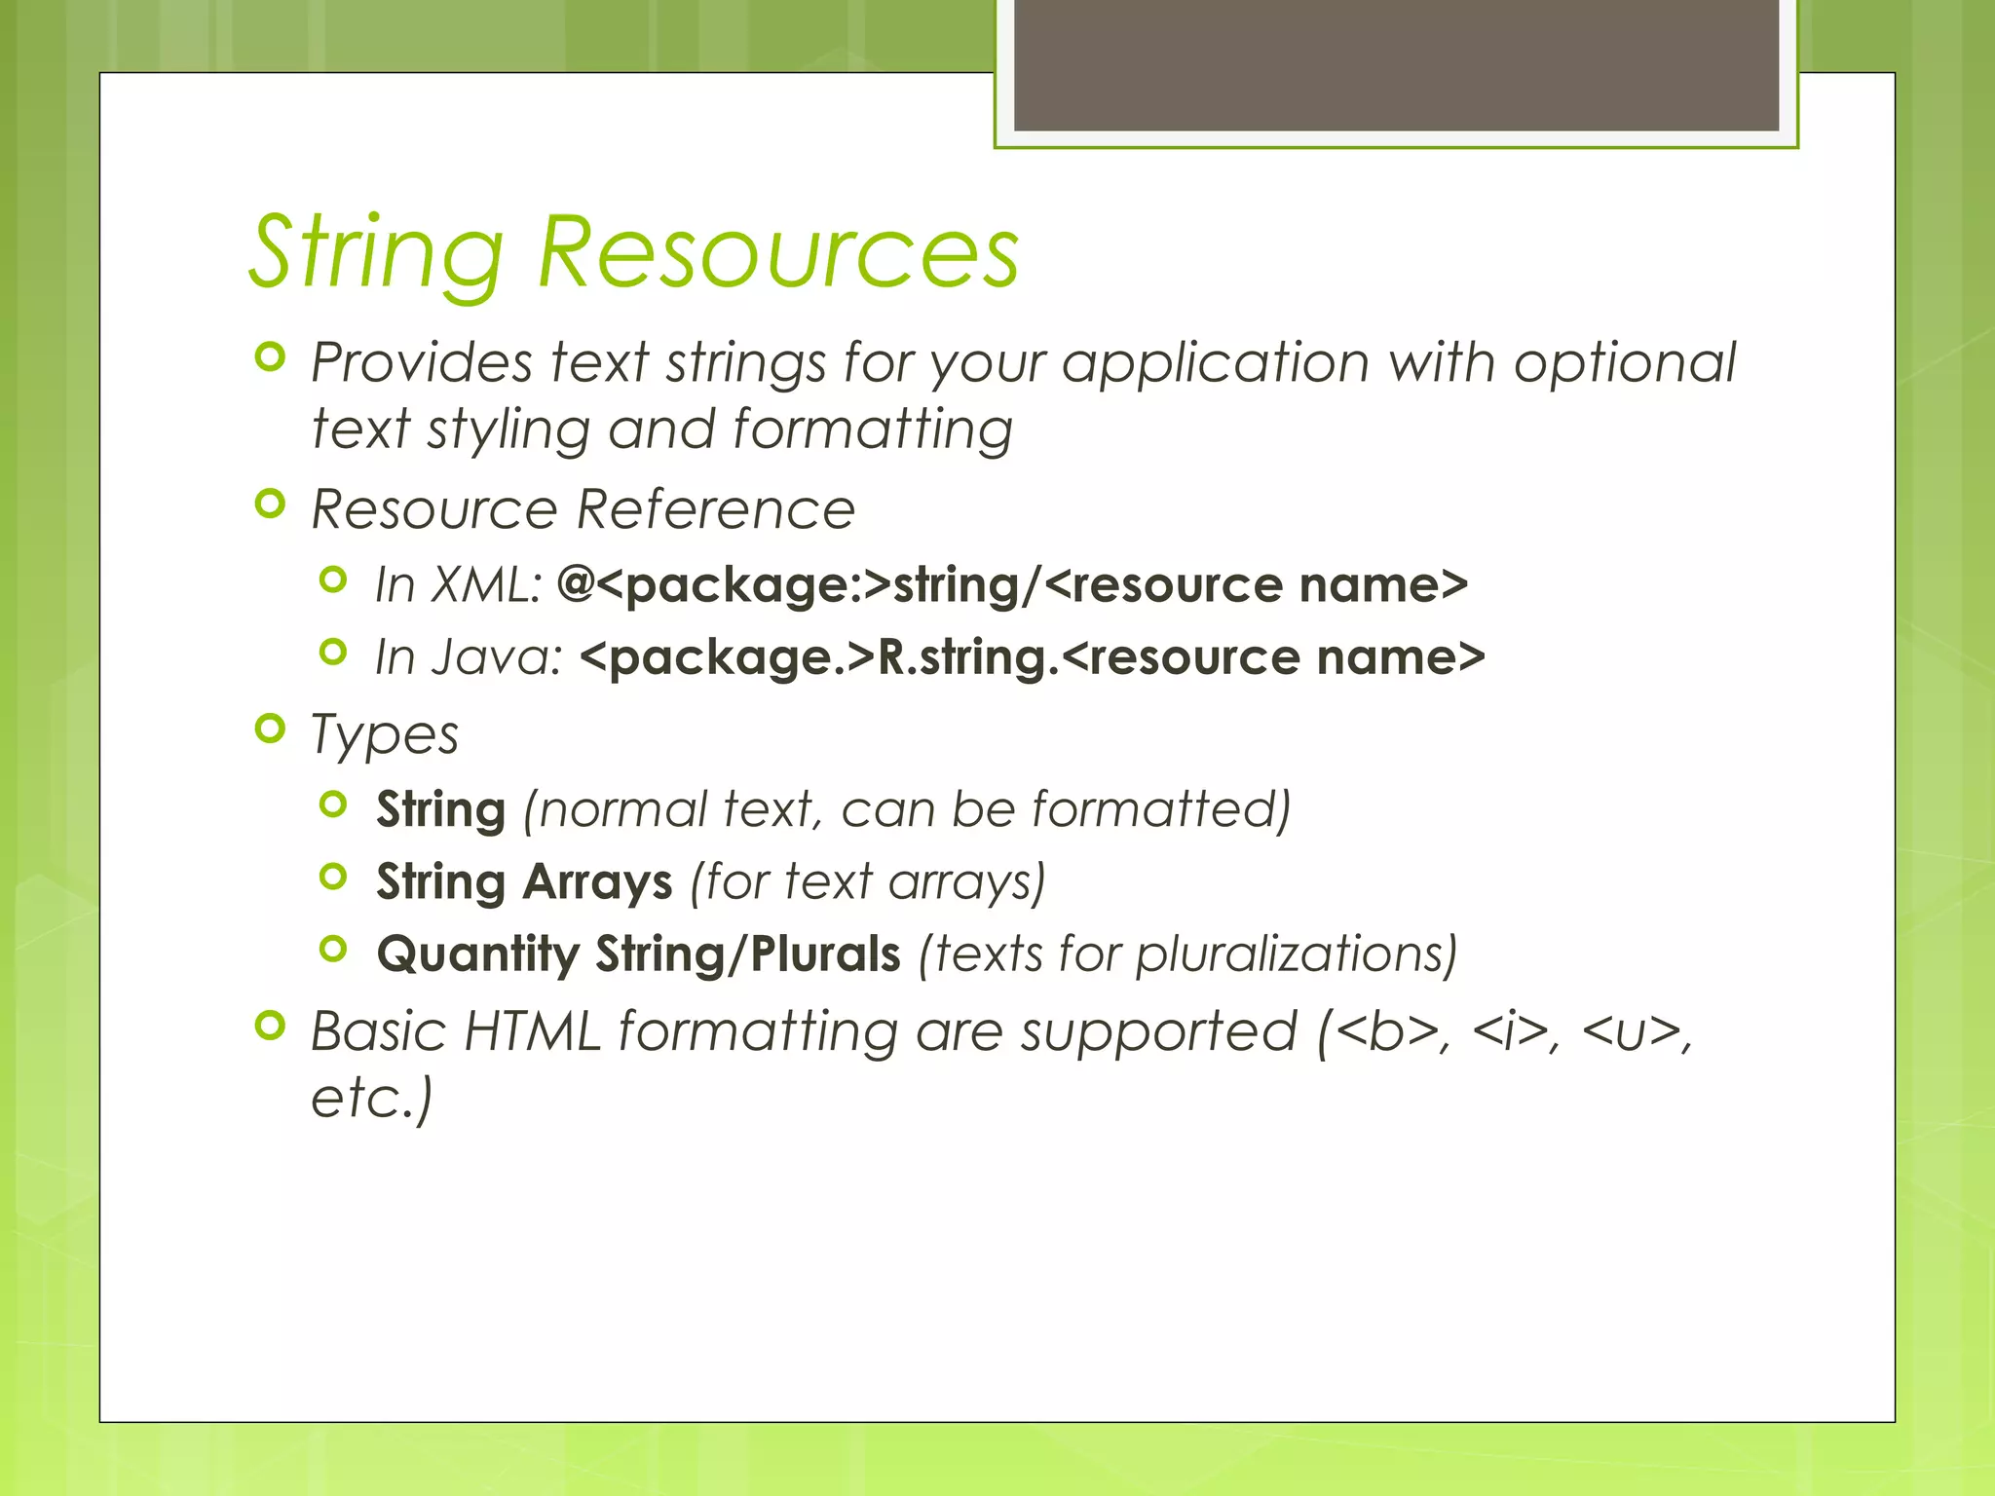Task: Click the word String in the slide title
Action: pos(377,255)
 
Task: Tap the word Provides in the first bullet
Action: pos(421,363)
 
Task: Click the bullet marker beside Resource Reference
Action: pos(270,505)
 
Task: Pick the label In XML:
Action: pos(458,585)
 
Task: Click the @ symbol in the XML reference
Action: pos(576,584)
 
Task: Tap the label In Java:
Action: pos(469,657)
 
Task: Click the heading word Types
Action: pos(384,735)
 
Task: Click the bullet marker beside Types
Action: pos(270,729)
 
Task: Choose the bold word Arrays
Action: pos(597,882)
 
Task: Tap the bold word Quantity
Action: pos(477,954)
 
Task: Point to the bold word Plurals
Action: pos(825,954)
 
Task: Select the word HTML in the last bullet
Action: pos(533,1031)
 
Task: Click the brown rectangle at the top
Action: pos(1396,64)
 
